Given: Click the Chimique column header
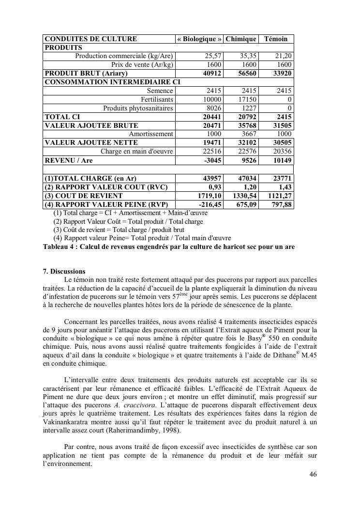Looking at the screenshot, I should tap(241, 39).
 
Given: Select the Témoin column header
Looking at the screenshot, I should tap(276, 39).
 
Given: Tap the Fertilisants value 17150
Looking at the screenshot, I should tap(246, 100).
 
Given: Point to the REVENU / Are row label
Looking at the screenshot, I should tap(69, 160).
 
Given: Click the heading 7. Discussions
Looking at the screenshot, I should tap(64, 272).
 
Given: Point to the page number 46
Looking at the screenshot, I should tap(313, 474).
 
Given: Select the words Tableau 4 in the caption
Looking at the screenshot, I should tap(58, 247).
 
